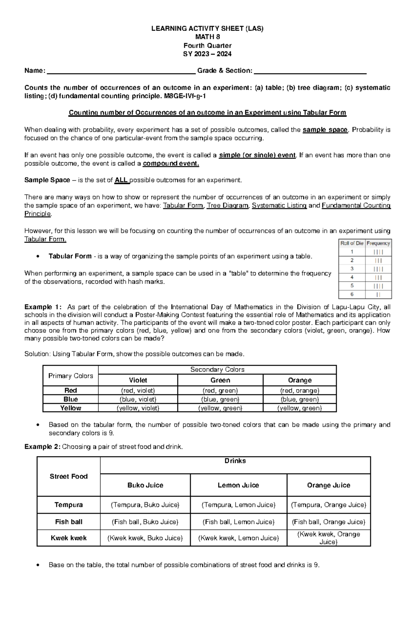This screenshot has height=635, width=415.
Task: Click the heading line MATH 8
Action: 207,37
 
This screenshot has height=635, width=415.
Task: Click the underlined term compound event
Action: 171,164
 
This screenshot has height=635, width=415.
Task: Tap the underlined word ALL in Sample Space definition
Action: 121,180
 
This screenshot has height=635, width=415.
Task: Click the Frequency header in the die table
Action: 378,243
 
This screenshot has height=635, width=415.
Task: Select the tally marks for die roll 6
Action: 378,294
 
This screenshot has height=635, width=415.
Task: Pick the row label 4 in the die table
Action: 352,277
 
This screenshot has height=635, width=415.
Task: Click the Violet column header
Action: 138,380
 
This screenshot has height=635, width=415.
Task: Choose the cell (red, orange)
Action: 299,391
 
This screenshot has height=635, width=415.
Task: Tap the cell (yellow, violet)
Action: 138,408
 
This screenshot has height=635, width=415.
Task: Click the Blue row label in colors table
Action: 71,399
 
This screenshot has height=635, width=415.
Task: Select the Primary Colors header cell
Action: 71,376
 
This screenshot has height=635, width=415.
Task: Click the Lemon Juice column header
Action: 238,485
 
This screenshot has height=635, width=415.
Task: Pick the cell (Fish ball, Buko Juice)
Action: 145,522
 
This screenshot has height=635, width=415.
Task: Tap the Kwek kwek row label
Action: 68,538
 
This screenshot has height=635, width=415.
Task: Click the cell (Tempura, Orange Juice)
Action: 329,505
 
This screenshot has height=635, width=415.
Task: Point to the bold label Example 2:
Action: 42,447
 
